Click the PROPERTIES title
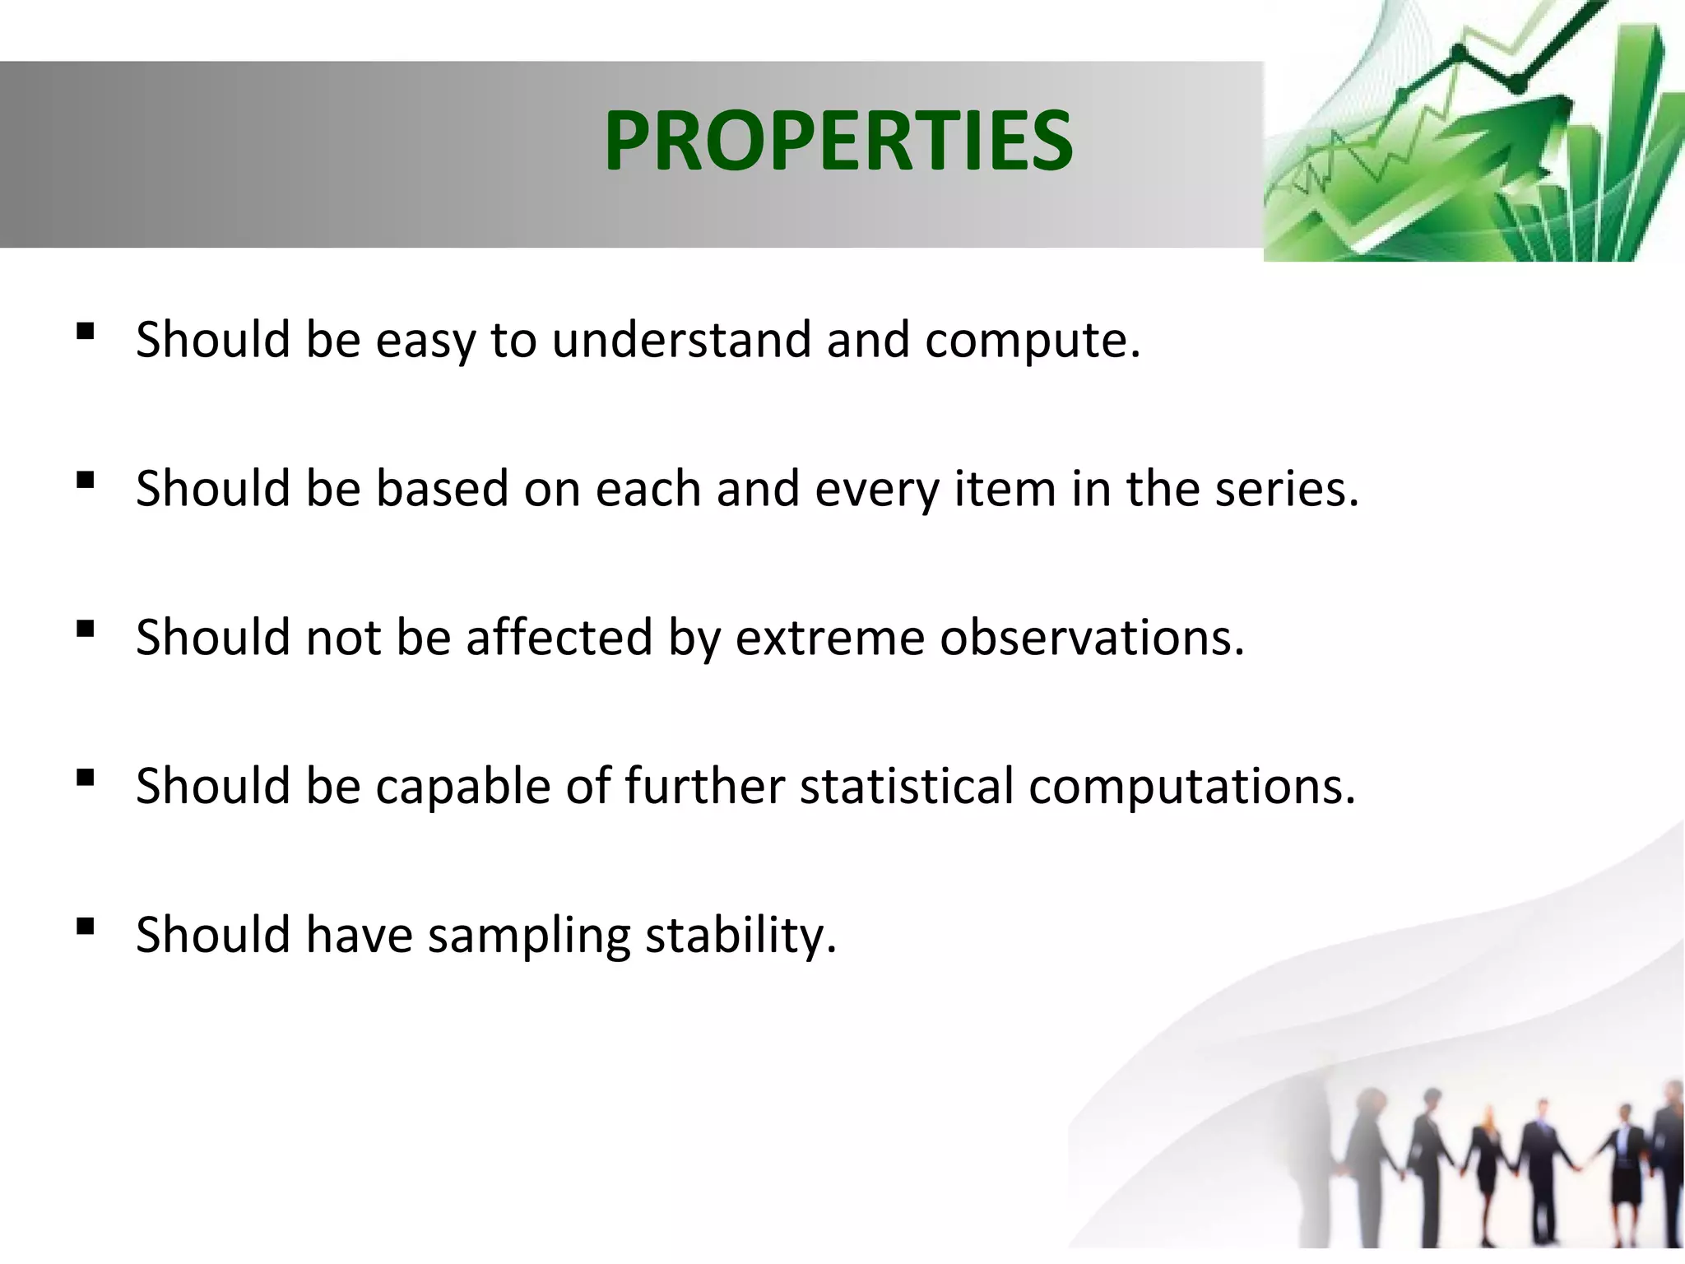pos(838,141)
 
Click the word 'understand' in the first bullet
pos(681,340)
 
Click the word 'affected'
pos(559,637)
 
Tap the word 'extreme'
pos(829,639)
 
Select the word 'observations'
pos(1085,638)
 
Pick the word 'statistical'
pos(906,786)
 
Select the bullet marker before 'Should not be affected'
pos(85,629)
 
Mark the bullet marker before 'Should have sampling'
pos(85,927)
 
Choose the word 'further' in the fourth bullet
pos(704,786)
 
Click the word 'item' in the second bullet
pos(1005,488)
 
